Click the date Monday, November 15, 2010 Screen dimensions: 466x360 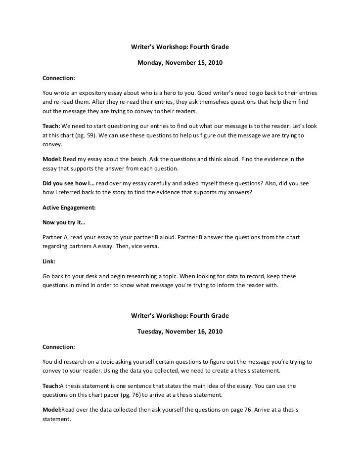point(180,63)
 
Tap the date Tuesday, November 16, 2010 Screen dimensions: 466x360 point(180,331)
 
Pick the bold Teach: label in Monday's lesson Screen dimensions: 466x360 point(51,126)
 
